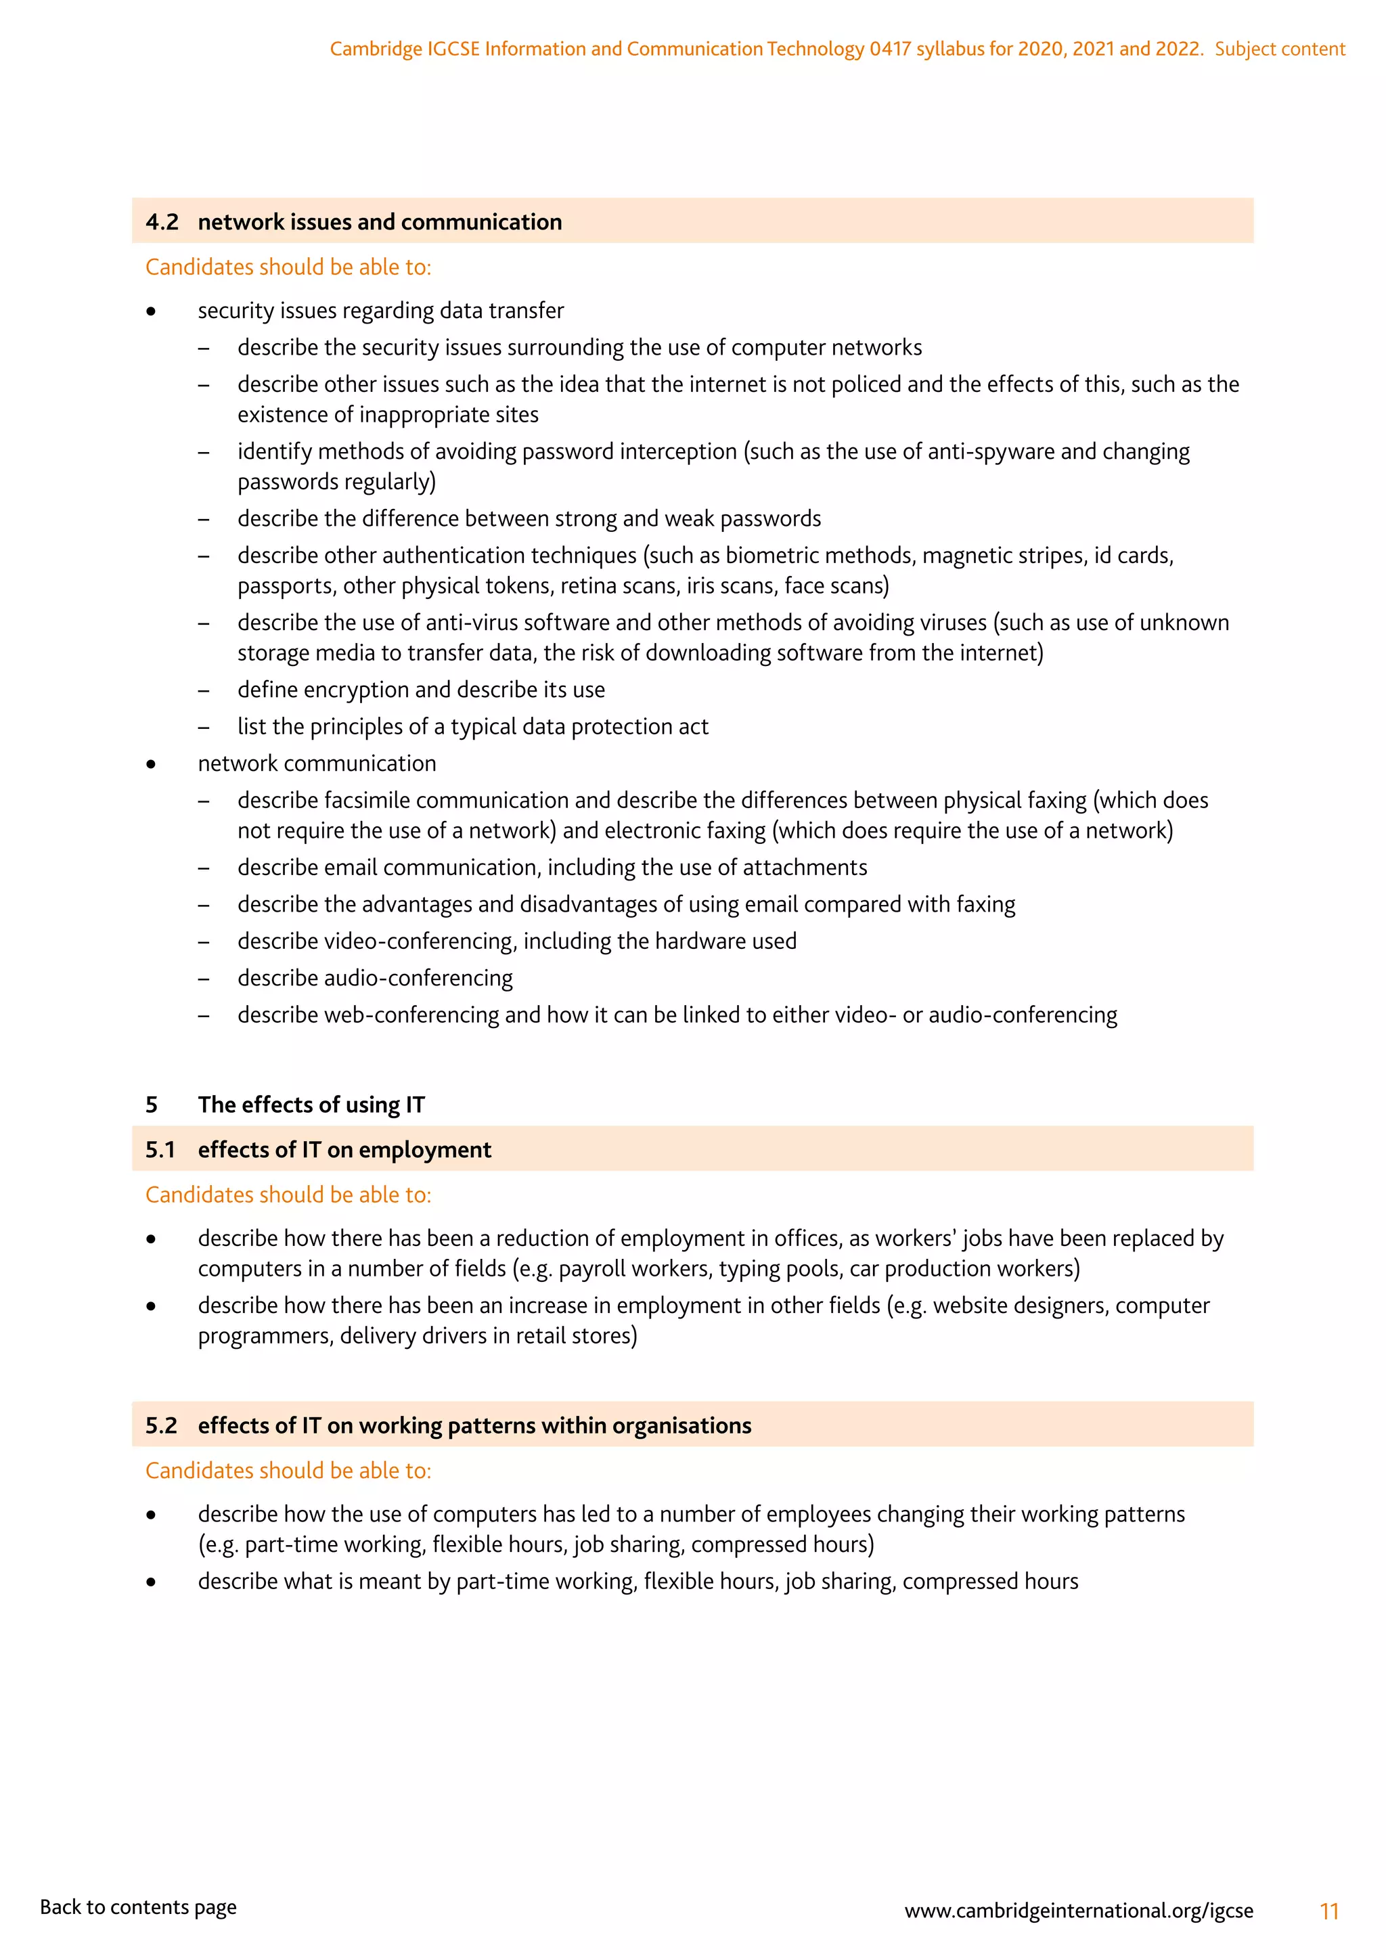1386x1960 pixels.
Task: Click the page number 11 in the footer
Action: (x=1329, y=1911)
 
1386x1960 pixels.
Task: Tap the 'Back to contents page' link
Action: (x=138, y=1907)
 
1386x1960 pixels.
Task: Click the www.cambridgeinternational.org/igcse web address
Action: (x=1079, y=1911)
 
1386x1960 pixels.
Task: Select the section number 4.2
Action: (x=162, y=222)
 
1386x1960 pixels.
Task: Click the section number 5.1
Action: (x=160, y=1149)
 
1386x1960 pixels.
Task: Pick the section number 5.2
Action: (x=161, y=1425)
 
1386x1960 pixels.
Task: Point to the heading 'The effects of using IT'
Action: (x=311, y=1105)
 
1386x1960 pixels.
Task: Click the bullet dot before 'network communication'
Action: (x=151, y=764)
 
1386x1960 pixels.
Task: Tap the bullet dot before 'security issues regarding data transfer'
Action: (x=151, y=311)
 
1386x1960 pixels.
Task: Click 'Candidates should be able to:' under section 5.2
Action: (x=288, y=1470)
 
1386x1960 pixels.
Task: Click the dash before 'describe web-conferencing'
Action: (x=203, y=1016)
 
